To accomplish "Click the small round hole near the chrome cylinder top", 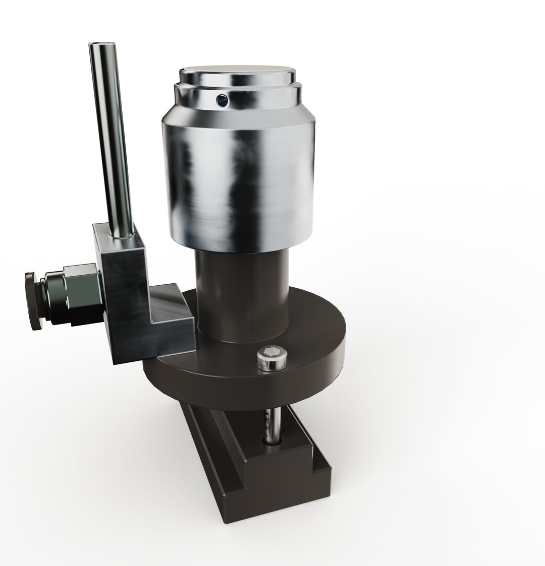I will pyautogui.click(x=221, y=101).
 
